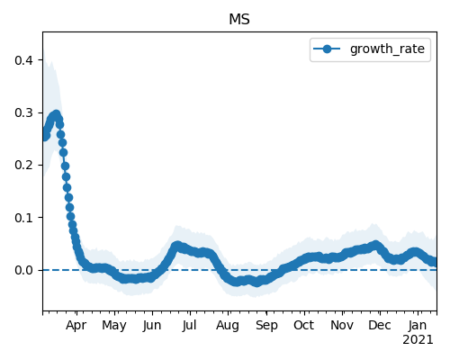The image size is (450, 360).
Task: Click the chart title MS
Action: (239, 20)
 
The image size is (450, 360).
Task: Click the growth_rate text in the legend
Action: (387, 49)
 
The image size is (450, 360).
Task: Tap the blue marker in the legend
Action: (327, 49)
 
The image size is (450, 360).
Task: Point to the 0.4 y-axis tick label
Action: (23, 60)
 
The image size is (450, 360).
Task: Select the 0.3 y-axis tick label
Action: (23, 112)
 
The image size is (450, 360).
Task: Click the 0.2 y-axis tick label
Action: (23, 165)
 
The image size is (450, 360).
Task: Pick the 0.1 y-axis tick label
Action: (23, 218)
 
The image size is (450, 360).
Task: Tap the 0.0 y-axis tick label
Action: (23, 270)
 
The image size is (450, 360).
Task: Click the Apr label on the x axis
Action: (76, 326)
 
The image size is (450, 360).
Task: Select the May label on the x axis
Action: (114, 326)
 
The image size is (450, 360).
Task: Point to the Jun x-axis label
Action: (152, 326)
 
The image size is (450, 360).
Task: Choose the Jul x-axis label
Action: (190, 326)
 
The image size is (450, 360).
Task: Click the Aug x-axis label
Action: (228, 326)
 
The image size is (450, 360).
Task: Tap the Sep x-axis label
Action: (266, 326)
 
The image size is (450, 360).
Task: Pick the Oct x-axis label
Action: (304, 325)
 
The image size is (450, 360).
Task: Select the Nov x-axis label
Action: (342, 325)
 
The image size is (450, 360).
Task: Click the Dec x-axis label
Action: (380, 325)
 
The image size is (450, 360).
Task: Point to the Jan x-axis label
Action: (418, 326)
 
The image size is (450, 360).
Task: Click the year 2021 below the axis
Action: (418, 340)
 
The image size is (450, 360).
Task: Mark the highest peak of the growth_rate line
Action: (56, 114)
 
